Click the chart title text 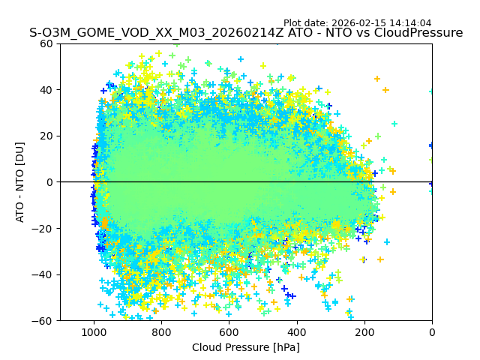pos(246,33)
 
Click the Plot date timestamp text pos(357,23)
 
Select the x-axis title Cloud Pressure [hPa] pos(246,347)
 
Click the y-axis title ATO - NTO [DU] pos(21,181)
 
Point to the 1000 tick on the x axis pos(94,331)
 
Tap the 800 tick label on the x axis pos(161,331)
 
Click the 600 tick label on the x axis pos(229,331)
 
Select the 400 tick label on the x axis pos(296,331)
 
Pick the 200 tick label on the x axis pos(364,331)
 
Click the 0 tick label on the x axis pos(432,331)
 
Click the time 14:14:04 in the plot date pos(410,23)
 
